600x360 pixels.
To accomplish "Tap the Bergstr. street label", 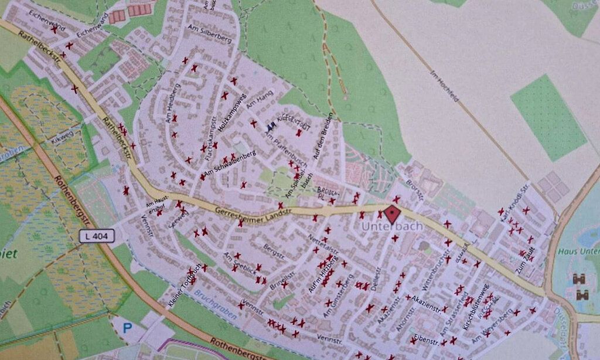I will pos(273,253).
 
